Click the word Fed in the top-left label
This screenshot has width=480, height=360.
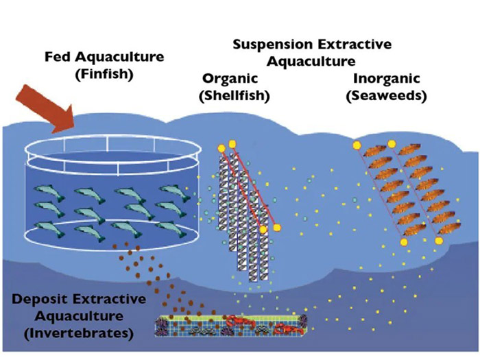pyautogui.click(x=57, y=55)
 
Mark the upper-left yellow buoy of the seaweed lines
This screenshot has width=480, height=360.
pyautogui.click(x=357, y=145)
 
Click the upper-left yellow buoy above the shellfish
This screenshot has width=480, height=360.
pyautogui.click(x=221, y=147)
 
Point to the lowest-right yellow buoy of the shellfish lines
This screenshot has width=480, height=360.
pyautogui.click(x=277, y=227)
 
